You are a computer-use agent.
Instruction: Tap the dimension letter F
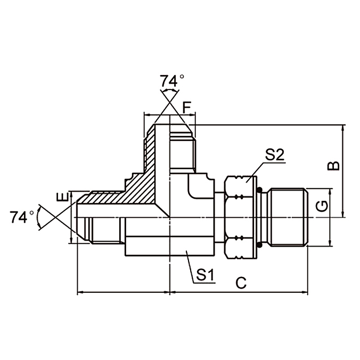[x=186, y=107]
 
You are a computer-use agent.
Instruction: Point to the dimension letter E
[x=63, y=198]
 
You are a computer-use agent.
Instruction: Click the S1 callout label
[x=204, y=275]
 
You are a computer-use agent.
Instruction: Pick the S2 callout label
[x=275, y=155]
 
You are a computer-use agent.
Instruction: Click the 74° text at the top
[x=172, y=81]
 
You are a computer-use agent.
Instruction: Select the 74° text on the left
[x=22, y=217]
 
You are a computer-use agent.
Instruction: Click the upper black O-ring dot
[x=259, y=190]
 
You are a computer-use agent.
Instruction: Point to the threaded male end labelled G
[x=288, y=217]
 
